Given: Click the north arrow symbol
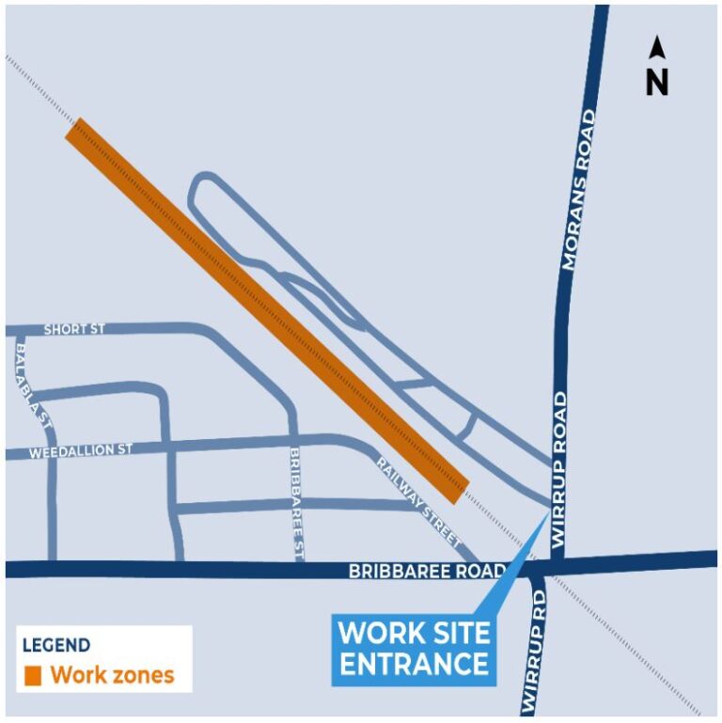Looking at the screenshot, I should pos(657,49).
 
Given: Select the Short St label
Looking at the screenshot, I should pos(74,330).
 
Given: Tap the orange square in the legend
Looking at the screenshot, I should pos(33,675).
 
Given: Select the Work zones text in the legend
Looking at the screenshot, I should pos(112,675).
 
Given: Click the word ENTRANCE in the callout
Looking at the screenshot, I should pos(415,663).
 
